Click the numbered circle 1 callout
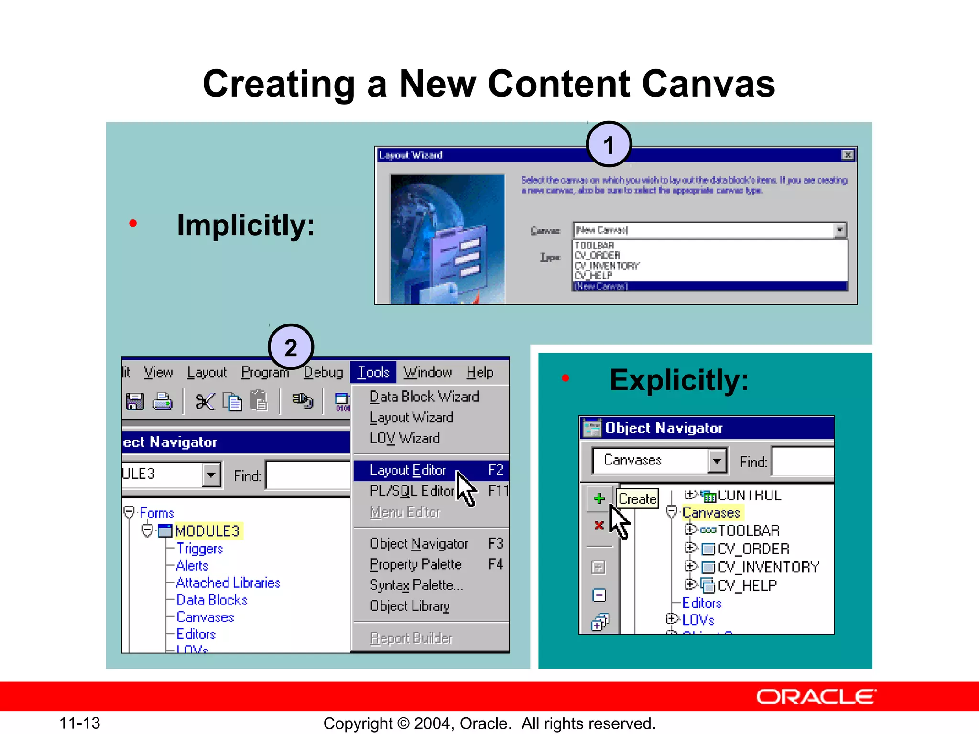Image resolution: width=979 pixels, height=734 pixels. [609, 144]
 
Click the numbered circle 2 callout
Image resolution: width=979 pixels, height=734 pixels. [291, 347]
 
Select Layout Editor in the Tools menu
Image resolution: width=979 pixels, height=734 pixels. [408, 470]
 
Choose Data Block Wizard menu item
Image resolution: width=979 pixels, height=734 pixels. [424, 397]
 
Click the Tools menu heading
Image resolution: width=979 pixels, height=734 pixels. [373, 372]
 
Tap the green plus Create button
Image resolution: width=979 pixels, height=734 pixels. [599, 498]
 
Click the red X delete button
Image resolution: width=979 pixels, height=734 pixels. [598, 526]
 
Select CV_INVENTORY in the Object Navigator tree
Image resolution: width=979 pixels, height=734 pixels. [768, 567]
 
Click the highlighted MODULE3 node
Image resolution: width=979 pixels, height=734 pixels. [207, 531]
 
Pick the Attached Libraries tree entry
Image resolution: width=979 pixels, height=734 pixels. [228, 583]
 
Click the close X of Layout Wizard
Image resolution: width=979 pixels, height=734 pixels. [847, 155]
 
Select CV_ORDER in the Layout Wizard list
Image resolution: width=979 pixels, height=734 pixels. [597, 255]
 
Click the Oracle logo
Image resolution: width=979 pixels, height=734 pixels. [816, 697]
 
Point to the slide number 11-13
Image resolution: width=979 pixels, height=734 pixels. [79, 723]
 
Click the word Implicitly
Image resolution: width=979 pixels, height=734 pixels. [246, 225]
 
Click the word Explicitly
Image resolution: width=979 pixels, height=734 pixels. [679, 380]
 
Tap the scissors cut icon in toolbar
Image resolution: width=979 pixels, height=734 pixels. [205, 401]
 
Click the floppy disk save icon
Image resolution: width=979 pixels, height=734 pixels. [135, 401]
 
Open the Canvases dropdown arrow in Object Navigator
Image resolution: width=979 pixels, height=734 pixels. [717, 461]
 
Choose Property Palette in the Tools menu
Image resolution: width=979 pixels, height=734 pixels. [415, 564]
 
